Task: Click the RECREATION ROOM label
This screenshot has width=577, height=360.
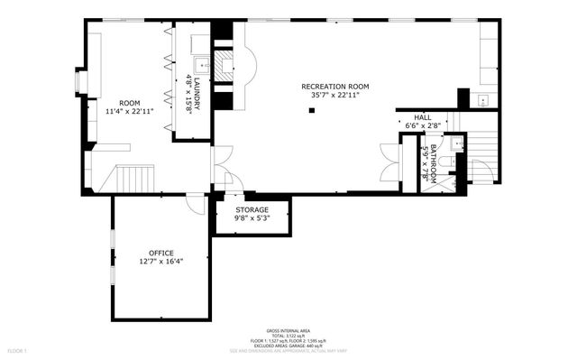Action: click(334, 87)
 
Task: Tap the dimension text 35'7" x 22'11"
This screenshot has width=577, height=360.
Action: click(334, 95)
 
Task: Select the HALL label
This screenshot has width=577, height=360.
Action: click(422, 118)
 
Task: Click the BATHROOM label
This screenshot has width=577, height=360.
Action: click(433, 163)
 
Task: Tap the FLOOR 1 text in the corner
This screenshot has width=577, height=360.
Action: click(17, 349)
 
